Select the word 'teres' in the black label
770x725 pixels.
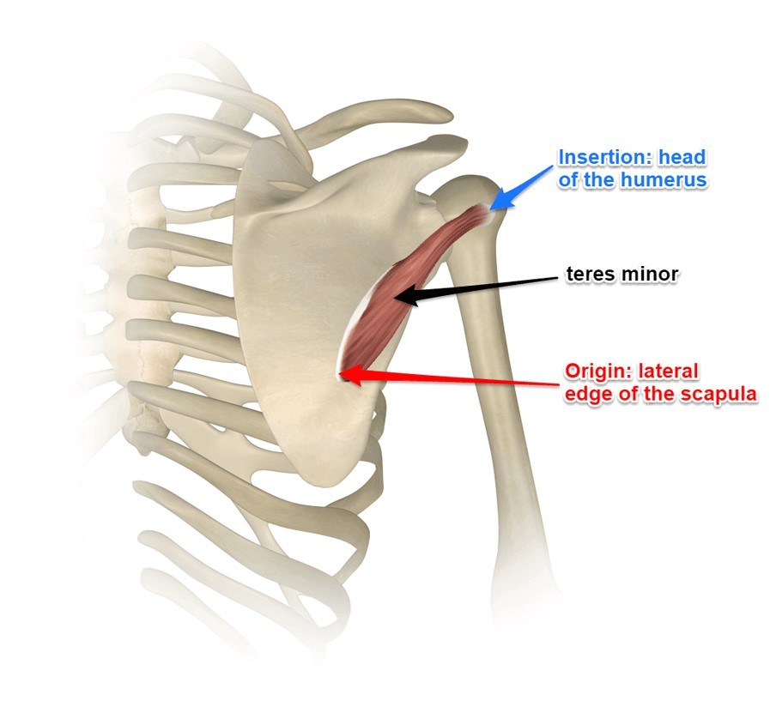click(x=589, y=274)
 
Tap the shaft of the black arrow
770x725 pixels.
click(x=489, y=286)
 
